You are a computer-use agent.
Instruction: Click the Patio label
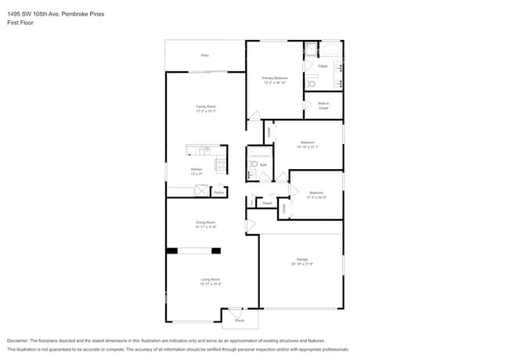[205, 56]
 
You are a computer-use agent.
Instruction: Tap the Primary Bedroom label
[275, 78]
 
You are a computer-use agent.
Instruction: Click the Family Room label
[205, 108]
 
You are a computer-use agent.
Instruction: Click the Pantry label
[219, 192]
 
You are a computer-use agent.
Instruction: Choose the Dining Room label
[205, 224]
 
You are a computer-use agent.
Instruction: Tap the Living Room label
[210, 281]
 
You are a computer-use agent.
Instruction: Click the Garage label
[301, 261]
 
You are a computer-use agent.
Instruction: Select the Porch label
[240, 320]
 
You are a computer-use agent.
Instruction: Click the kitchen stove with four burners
[221, 165]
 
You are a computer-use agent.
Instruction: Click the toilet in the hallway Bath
[252, 164]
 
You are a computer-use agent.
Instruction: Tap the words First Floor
[20, 23]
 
